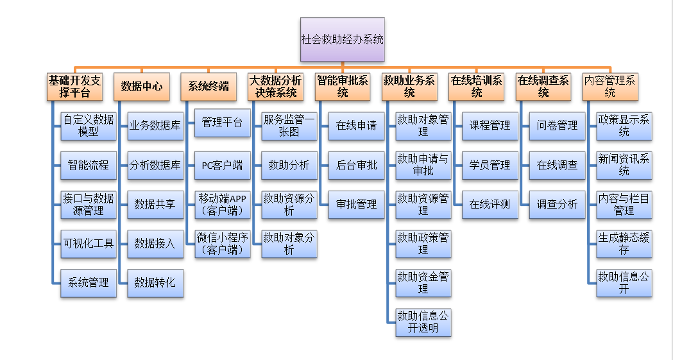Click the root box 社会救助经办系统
point(343,39)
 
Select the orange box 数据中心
point(142,87)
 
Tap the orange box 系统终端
point(209,87)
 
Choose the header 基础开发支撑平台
point(75,87)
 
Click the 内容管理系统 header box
point(609,87)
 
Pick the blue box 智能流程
point(89,165)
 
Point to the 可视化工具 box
point(89,243)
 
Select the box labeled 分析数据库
point(155,165)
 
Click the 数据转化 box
point(155,282)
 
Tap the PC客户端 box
point(222,165)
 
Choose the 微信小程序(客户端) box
point(222,243)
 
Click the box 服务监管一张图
point(289,126)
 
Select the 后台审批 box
point(356,165)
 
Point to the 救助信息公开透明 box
point(423,321)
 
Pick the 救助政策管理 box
point(423,243)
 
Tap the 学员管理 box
point(490,165)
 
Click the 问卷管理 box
point(557,126)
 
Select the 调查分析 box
point(557,204)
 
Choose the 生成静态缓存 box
point(624,243)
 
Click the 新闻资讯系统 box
point(624,165)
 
